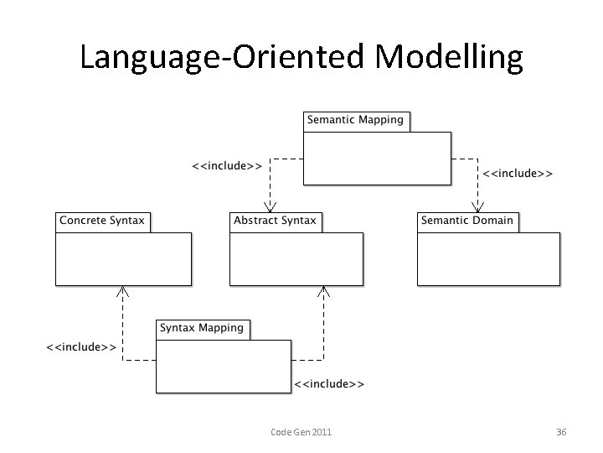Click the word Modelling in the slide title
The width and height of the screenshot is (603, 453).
[x=450, y=57]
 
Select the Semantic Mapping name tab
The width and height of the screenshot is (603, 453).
[x=356, y=120]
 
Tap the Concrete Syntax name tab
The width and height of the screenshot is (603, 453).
[x=102, y=221]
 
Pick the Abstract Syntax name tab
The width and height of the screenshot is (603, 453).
[x=276, y=221]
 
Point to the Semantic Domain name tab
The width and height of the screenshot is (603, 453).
[x=467, y=221]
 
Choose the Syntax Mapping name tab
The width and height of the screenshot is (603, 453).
[x=202, y=328]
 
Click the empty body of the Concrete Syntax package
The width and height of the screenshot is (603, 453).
[x=123, y=258]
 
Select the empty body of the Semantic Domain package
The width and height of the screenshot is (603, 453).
[x=487, y=258]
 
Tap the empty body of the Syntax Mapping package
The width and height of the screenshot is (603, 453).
[x=224, y=366]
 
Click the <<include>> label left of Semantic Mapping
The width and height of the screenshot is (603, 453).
[x=226, y=166]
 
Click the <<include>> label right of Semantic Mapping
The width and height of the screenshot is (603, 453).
[x=518, y=174]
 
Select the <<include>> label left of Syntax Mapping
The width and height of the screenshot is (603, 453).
[x=80, y=346]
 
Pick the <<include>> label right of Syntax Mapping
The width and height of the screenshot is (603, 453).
[x=329, y=384]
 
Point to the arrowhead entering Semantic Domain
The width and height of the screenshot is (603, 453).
[x=479, y=206]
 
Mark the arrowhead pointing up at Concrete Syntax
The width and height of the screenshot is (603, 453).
[x=123, y=291]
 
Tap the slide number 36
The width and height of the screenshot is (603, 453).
[x=561, y=432]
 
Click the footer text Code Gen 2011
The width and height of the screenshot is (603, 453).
[x=301, y=432]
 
